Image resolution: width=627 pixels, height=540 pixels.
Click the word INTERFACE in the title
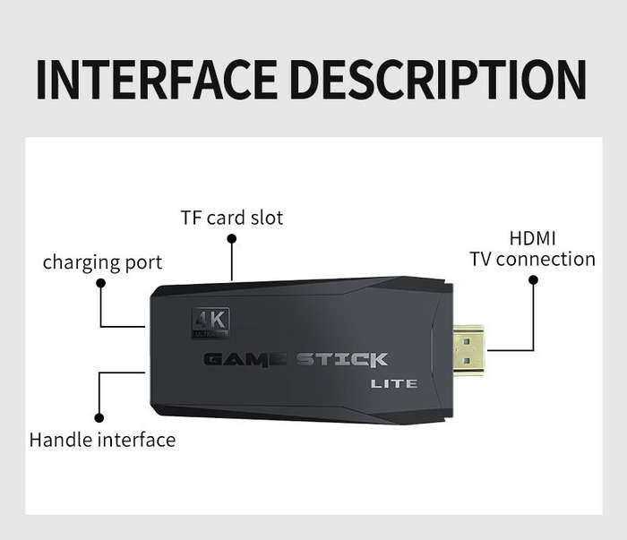(157, 80)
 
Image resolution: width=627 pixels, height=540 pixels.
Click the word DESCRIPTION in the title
(439, 80)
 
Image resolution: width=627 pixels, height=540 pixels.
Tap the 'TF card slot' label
(232, 218)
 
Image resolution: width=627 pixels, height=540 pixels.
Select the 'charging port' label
(102, 263)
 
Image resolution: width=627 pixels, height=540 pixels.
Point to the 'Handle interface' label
(102, 440)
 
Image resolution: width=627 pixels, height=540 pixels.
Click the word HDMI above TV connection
(533, 238)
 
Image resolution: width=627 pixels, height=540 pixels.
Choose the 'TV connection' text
(532, 259)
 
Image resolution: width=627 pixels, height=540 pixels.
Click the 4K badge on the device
(210, 322)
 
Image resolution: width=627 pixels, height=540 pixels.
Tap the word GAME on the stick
(245, 359)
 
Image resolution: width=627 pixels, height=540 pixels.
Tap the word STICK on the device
(342, 359)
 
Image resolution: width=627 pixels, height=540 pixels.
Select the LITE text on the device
(394, 384)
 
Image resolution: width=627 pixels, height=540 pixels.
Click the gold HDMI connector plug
(468, 351)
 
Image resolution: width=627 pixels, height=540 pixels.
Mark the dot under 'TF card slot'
(231, 238)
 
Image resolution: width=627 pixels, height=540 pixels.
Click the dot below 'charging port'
(100, 283)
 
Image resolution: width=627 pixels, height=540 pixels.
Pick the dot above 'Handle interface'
(99, 417)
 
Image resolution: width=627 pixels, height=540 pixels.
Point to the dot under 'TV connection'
(533, 279)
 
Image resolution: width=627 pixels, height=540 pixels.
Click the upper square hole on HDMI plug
(467, 342)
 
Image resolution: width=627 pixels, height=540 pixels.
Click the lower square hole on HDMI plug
(467, 361)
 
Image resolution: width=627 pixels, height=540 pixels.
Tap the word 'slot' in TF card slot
(267, 218)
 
